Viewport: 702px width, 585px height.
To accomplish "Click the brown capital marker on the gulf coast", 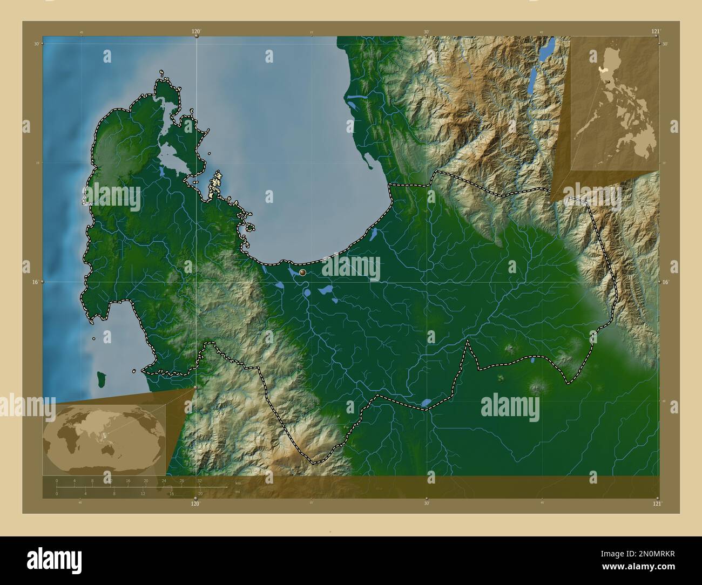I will [x=302, y=273].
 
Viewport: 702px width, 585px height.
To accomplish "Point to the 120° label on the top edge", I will [x=196, y=32].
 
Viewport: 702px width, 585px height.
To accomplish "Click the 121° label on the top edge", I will [x=656, y=32].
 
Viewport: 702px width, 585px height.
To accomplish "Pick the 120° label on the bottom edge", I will [x=195, y=504].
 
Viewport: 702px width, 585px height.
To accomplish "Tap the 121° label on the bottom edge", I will [x=657, y=504].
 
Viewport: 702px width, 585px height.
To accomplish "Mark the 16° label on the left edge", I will [x=35, y=282].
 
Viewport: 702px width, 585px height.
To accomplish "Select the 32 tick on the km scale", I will [x=199, y=480].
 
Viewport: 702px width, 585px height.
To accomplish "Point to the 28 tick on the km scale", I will [x=181, y=480].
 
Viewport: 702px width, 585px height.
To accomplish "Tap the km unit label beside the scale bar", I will [x=238, y=482].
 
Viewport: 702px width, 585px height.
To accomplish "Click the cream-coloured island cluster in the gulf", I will [x=217, y=183].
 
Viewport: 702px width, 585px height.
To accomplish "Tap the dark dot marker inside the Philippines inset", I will [x=609, y=81].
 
